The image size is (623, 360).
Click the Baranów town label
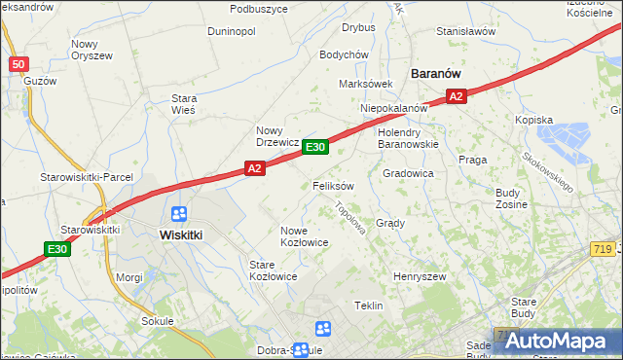(x=435, y=73)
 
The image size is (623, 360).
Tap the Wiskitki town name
(x=180, y=234)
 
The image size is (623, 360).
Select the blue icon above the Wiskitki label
(x=179, y=214)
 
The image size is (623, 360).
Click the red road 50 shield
(x=18, y=64)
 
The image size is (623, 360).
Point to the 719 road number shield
(x=602, y=252)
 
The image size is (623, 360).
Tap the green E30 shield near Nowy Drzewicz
(x=314, y=147)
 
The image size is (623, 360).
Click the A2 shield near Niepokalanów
(x=457, y=95)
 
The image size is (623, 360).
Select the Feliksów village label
(x=333, y=185)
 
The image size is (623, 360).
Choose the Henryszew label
(x=420, y=276)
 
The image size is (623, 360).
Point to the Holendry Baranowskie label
(x=409, y=138)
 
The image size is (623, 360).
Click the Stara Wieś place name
(x=184, y=104)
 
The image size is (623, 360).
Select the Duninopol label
(x=232, y=31)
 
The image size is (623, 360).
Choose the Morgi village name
(x=129, y=277)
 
